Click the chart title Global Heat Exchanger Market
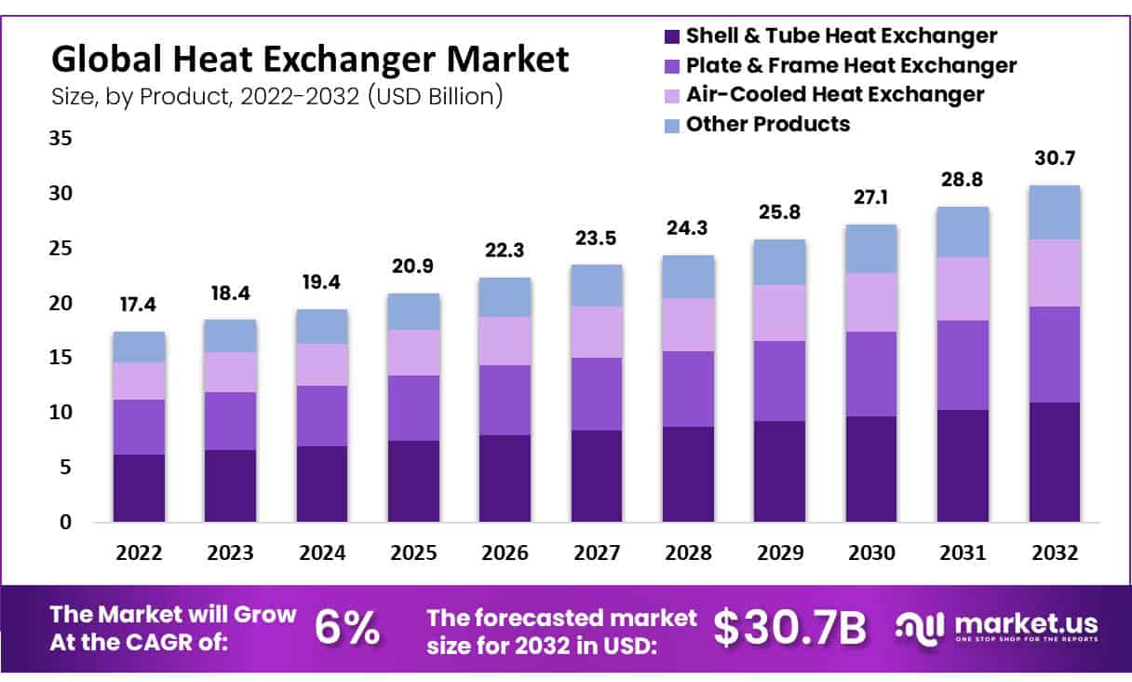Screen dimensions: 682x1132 tap(309, 60)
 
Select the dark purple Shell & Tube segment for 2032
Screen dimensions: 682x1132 tap(1054, 462)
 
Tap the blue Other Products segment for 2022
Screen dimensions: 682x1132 tap(139, 347)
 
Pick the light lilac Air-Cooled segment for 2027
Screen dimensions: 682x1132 tap(597, 332)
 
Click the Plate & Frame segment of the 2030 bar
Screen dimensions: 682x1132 tap(871, 374)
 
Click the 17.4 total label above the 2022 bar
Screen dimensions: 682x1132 tap(139, 305)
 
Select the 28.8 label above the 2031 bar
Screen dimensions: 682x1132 tap(963, 179)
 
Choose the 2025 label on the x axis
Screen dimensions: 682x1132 tap(413, 552)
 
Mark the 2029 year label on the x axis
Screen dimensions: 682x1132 tap(780, 552)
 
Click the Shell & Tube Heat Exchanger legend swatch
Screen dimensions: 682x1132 tap(671, 36)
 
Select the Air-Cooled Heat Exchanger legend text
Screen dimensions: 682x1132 tap(835, 94)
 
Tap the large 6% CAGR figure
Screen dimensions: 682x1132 tap(347, 629)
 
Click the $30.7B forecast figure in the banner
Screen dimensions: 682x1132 tap(789, 629)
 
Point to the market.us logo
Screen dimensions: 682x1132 tap(996, 626)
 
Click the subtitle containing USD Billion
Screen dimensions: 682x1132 tap(277, 96)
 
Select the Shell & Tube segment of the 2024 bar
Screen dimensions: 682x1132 tap(322, 484)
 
